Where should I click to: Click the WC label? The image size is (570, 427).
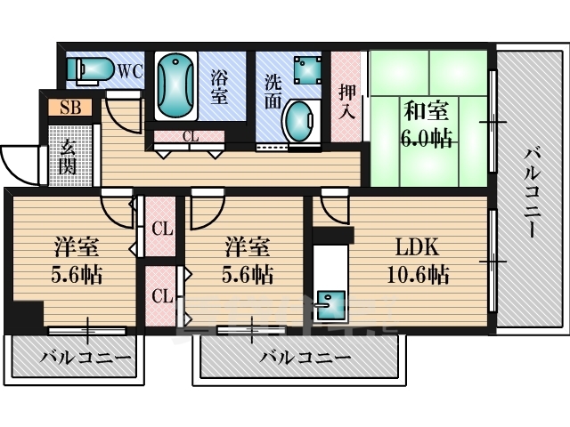(x=130, y=71)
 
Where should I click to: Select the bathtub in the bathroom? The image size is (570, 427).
(x=176, y=86)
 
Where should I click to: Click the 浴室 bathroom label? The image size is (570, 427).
(x=219, y=87)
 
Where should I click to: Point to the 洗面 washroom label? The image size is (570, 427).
(x=273, y=92)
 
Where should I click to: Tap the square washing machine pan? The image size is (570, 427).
(x=308, y=70)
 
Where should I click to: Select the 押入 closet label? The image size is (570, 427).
(x=346, y=102)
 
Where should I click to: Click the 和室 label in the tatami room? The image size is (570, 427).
(x=427, y=111)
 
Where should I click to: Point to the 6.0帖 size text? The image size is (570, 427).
(x=427, y=138)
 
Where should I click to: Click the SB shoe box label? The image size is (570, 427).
(x=70, y=108)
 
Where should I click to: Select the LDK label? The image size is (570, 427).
(x=417, y=247)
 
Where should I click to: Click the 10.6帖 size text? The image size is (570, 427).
(x=418, y=275)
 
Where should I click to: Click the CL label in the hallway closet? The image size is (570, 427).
(x=191, y=137)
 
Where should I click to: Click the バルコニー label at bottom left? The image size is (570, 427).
(x=85, y=358)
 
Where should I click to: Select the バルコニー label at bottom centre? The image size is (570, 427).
(x=305, y=358)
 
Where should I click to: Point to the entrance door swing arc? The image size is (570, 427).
(x=14, y=171)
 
